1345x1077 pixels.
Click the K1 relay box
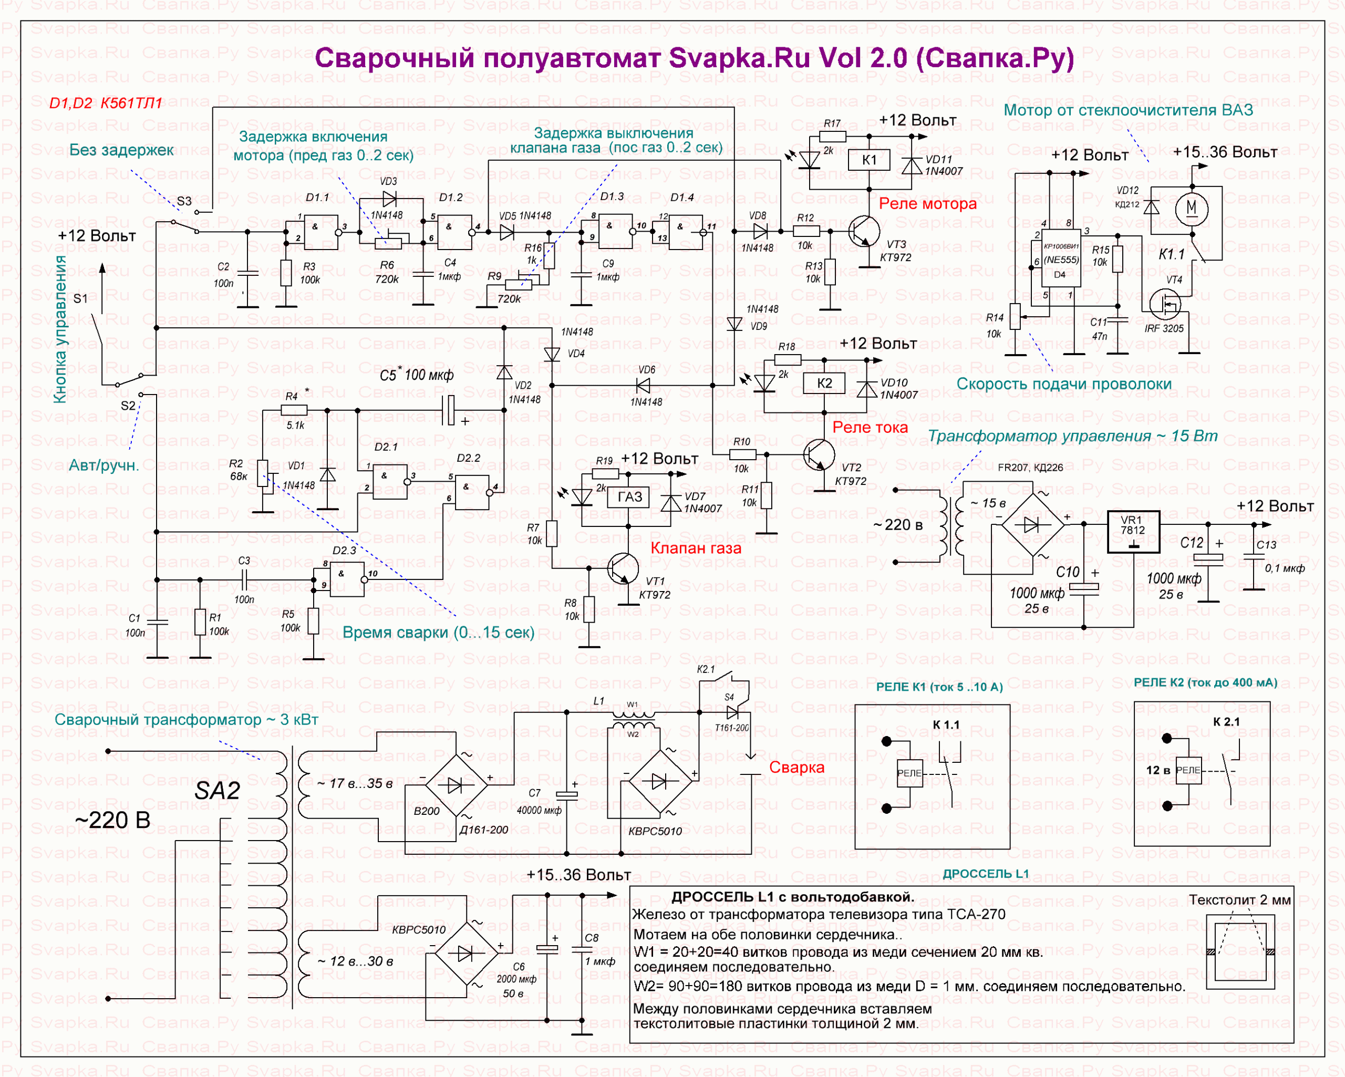point(869,160)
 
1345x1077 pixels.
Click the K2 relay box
point(824,383)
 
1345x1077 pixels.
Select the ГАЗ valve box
point(629,496)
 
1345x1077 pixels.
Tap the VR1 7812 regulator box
point(1133,532)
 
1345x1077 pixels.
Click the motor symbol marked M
point(1192,207)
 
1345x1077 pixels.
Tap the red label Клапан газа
point(696,548)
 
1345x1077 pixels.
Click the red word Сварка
point(796,767)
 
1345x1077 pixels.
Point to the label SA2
point(217,791)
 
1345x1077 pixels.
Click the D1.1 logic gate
point(320,232)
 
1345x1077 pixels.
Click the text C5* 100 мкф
point(416,375)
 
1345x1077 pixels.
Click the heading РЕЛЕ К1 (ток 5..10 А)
point(939,687)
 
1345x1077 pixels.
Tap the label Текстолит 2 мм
point(1239,900)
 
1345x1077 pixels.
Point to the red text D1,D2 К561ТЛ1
point(106,103)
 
